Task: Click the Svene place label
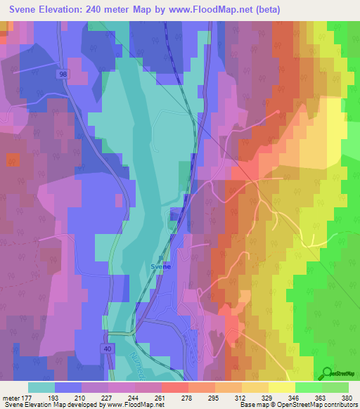161,266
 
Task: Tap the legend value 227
108,398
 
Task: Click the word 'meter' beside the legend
11,398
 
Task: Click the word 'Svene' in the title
27,9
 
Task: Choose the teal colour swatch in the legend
41,387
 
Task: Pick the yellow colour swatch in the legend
281,387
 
